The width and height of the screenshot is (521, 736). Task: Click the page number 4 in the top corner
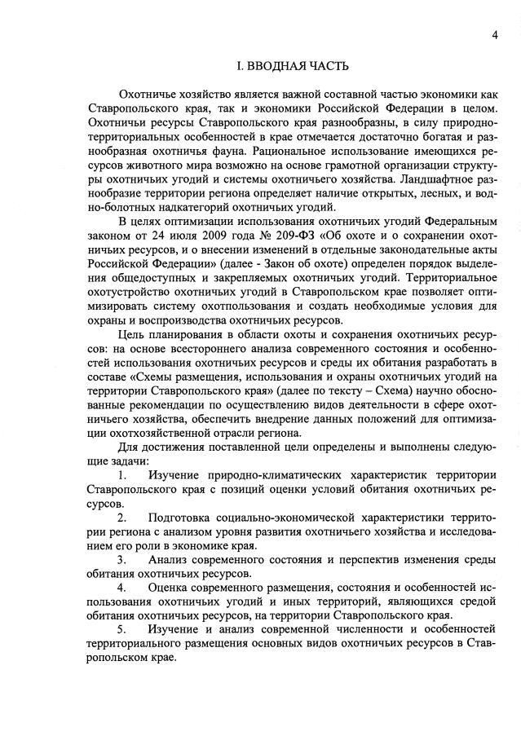(495, 34)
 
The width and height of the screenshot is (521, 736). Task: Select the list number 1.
(121, 475)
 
